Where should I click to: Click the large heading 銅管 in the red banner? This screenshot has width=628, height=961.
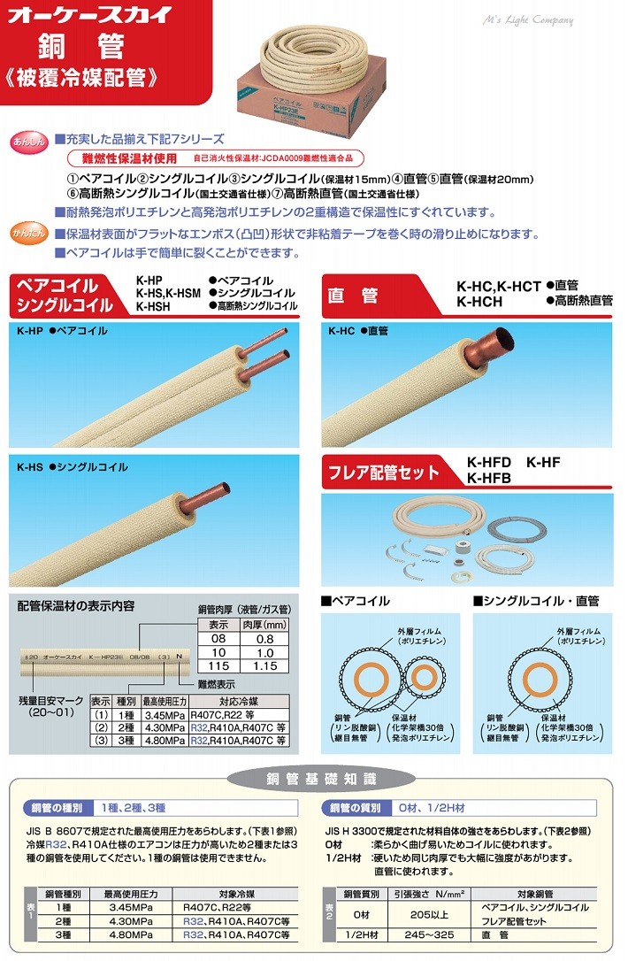pyautogui.click(x=80, y=48)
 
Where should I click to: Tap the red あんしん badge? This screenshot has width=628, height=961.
pyautogui.click(x=27, y=142)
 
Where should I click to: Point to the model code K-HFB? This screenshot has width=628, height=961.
pyautogui.click(x=488, y=479)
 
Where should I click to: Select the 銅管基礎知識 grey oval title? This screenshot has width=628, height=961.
pyautogui.click(x=313, y=779)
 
